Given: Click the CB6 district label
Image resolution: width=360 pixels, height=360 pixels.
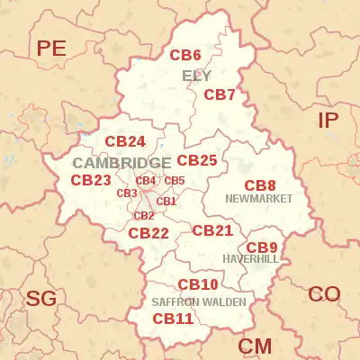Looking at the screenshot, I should [185, 55].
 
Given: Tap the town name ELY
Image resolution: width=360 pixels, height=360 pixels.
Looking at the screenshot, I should [196, 76].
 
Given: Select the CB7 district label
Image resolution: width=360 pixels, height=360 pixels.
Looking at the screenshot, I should [219, 94].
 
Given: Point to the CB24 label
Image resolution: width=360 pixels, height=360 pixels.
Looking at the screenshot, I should [125, 142].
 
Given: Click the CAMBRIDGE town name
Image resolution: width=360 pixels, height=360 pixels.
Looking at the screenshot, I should [121, 163].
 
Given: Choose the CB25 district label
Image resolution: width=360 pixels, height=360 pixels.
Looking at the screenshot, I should [196, 160].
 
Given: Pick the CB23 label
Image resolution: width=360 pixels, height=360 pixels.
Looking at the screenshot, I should [91, 180].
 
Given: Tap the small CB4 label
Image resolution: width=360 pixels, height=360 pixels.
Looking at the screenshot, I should [146, 181].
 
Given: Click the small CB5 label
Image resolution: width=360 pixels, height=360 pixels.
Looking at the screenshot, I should [174, 181].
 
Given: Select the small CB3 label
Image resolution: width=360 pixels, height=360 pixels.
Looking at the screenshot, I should [126, 193].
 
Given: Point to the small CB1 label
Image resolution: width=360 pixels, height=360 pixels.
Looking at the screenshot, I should [166, 202].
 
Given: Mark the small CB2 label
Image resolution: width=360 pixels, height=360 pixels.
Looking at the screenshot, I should [144, 215].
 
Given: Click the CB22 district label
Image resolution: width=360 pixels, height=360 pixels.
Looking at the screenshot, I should [148, 233].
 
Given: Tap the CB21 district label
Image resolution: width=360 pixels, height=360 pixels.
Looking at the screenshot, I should [212, 230].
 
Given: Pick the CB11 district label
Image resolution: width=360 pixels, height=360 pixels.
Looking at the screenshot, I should [173, 319].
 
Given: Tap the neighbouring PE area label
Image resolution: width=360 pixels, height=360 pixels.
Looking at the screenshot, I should [52, 49].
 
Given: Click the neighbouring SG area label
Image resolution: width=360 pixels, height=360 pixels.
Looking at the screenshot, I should [40, 299].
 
